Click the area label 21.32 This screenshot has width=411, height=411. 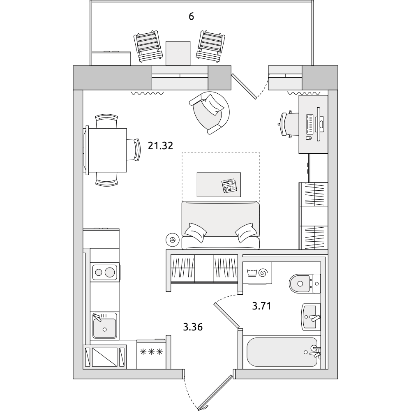pyautogui.click(x=160, y=145)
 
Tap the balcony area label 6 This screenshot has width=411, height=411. pyautogui.click(x=192, y=16)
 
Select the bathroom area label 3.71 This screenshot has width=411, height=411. pyautogui.click(x=261, y=306)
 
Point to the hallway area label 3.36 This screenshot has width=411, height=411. pyautogui.click(x=193, y=327)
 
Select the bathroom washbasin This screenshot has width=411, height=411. pyautogui.click(x=311, y=317)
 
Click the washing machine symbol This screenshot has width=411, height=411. pyautogui.click(x=257, y=273)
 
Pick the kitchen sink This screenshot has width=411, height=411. pyautogui.click(x=104, y=326)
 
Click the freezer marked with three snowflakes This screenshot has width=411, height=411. pyautogui.click(x=152, y=354)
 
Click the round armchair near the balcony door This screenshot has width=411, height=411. pyautogui.click(x=210, y=113)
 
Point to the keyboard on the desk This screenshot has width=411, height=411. pyautogui.click(x=309, y=123)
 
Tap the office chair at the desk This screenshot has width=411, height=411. pyautogui.click(x=289, y=124)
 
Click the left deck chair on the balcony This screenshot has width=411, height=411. pyautogui.click(x=148, y=46)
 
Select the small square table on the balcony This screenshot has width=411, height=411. pyautogui.click(x=178, y=53)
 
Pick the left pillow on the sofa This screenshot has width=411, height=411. pyautogui.click(x=196, y=232)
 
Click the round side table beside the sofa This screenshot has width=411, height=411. pyautogui.click(x=173, y=240)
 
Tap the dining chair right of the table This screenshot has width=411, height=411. pyautogui.click(x=134, y=150)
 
